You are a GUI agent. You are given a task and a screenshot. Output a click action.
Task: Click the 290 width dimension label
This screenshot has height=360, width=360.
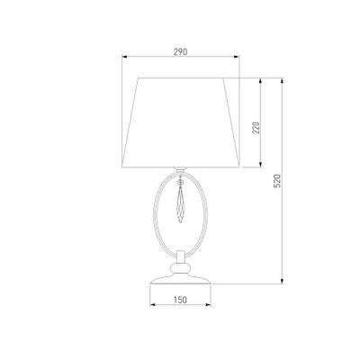[180, 51]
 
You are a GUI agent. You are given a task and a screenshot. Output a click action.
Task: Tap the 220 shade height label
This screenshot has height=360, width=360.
[256, 128]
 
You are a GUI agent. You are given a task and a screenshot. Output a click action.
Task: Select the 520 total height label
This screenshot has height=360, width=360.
[278, 181]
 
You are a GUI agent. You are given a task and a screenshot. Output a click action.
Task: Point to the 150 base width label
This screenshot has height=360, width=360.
[180, 300]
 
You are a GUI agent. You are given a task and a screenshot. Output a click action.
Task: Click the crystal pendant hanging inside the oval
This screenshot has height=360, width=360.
[180, 205]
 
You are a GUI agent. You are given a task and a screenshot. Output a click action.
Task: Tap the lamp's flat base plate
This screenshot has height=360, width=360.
[180, 279]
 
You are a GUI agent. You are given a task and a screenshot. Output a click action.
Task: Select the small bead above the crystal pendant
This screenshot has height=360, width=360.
[180, 182]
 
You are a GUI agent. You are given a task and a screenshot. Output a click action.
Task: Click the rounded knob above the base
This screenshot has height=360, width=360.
[180, 267]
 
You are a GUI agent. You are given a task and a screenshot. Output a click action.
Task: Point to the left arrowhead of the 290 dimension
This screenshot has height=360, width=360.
[124, 56]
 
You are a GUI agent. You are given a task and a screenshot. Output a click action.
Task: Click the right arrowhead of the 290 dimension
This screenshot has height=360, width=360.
[237, 56]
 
